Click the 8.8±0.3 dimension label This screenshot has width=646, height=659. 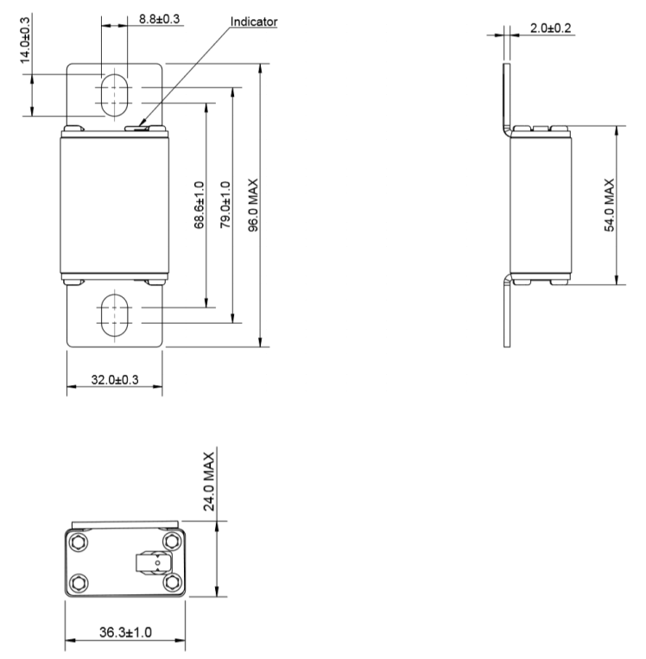[160, 18]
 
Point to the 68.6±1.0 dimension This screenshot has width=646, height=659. [199, 205]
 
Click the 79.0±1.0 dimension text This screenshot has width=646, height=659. [226, 205]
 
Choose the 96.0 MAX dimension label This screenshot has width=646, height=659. [254, 206]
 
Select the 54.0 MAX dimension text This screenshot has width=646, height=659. [609, 206]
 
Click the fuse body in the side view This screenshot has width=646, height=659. [541, 206]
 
